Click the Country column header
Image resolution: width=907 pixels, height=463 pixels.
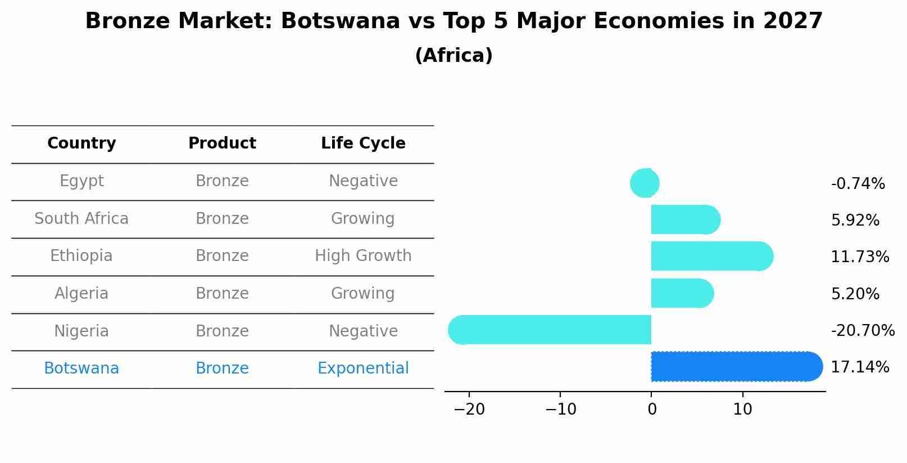pyautogui.click(x=81, y=143)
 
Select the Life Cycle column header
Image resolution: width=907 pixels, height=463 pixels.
pyautogui.click(x=363, y=143)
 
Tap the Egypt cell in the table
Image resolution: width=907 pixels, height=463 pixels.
pyautogui.click(x=81, y=181)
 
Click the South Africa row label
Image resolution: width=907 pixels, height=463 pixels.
pyautogui.click(x=81, y=219)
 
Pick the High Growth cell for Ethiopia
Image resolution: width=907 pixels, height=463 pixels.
pyautogui.click(x=363, y=256)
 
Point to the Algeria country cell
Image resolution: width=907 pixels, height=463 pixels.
pyautogui.click(x=81, y=294)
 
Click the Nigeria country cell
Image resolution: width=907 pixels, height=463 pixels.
pyautogui.click(x=81, y=331)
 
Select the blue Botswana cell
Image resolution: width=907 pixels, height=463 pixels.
pyautogui.click(x=81, y=368)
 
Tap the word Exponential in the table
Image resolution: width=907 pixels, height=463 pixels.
pyautogui.click(x=363, y=368)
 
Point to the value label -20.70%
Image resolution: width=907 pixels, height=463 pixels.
pyautogui.click(x=862, y=331)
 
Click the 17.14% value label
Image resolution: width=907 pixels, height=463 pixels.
pyautogui.click(x=860, y=367)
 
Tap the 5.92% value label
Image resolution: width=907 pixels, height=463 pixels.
pyautogui.click(x=855, y=221)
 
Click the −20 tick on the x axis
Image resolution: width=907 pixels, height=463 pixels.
pyautogui.click(x=469, y=410)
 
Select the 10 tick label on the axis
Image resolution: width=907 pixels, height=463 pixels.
pyautogui.click(x=742, y=410)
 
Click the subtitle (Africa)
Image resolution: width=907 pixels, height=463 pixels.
pyautogui.click(x=454, y=56)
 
